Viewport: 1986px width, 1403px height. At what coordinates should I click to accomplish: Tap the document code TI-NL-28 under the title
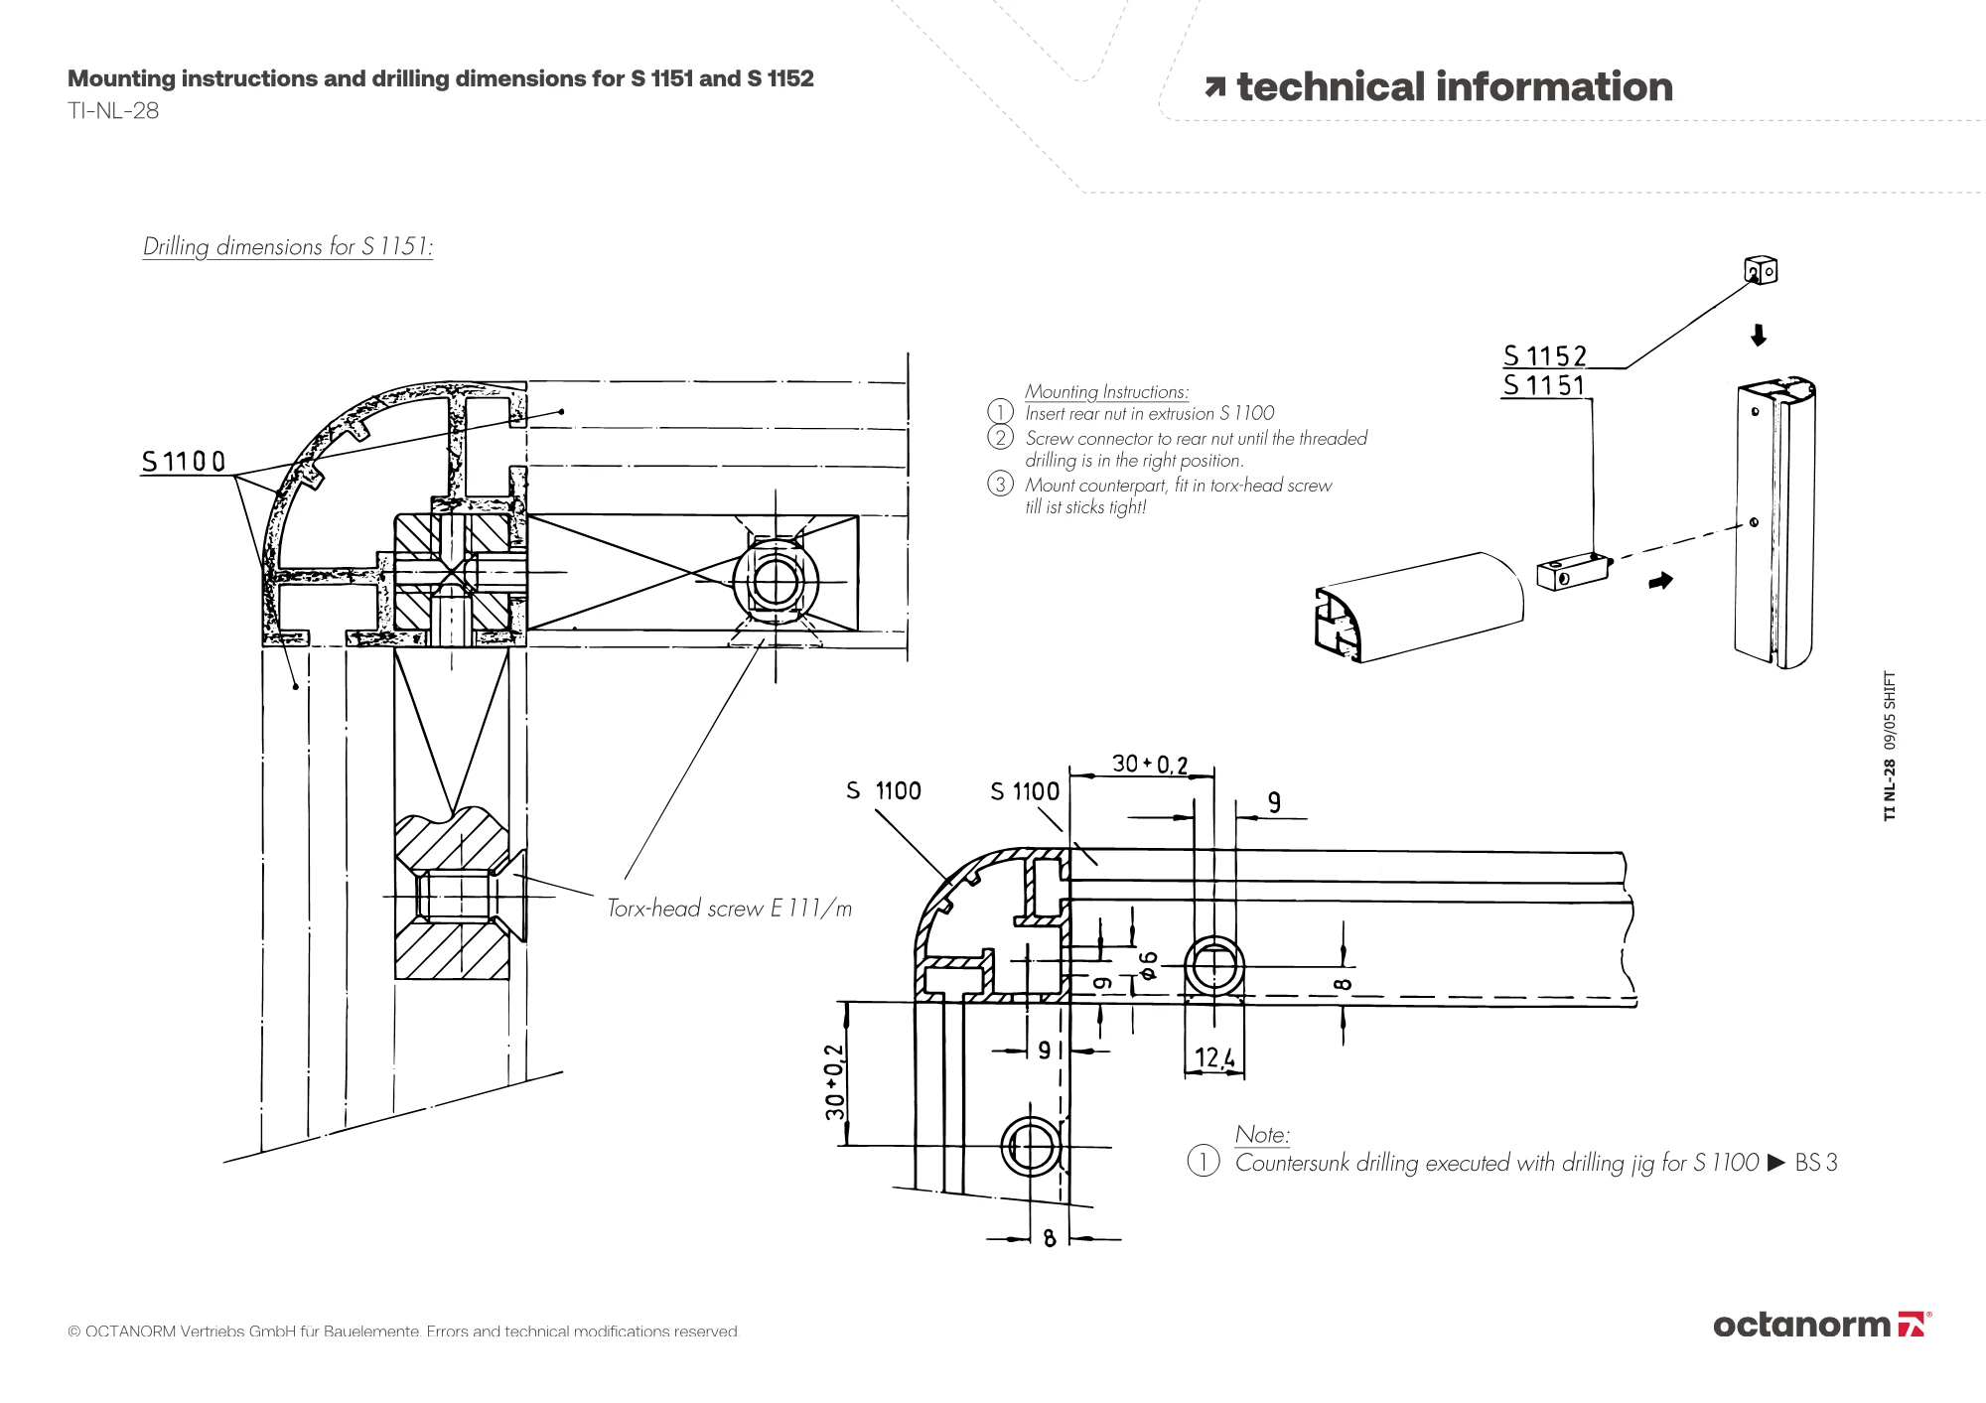pyautogui.click(x=113, y=111)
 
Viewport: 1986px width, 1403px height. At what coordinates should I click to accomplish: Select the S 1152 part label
pyautogui.click(x=1545, y=355)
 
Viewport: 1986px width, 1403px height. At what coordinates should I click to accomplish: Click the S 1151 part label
pyautogui.click(x=1544, y=385)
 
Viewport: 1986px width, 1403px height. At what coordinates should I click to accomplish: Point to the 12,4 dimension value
pyautogui.click(x=1214, y=1057)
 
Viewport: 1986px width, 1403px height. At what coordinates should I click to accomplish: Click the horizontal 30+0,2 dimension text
pyautogui.click(x=1149, y=764)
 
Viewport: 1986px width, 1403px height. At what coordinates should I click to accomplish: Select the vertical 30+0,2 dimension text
pyautogui.click(x=835, y=1081)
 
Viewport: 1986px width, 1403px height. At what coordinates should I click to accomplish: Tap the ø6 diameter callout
pyautogui.click(x=1148, y=964)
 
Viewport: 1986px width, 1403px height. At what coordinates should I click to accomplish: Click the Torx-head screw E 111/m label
pyautogui.click(x=730, y=908)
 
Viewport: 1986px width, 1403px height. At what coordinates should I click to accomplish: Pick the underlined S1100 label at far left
pyautogui.click(x=184, y=462)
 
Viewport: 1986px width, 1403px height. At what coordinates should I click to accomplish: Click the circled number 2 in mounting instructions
pyautogui.click(x=1000, y=438)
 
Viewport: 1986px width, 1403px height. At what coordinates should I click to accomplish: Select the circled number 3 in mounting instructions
pyautogui.click(x=1000, y=485)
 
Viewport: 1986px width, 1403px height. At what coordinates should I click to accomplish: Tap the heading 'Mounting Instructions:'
pyautogui.click(x=1106, y=392)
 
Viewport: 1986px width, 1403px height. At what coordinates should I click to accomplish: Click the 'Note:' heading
pyautogui.click(x=1262, y=1134)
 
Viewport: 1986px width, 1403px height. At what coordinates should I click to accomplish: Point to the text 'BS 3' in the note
pyautogui.click(x=1816, y=1163)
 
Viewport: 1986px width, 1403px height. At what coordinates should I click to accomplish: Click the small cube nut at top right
pyautogui.click(x=1761, y=270)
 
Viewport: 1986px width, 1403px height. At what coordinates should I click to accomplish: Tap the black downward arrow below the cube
pyautogui.click(x=1758, y=336)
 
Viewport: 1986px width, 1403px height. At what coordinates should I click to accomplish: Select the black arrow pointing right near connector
pyautogui.click(x=1660, y=581)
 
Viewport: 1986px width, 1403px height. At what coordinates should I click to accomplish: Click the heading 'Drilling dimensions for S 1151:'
pyautogui.click(x=288, y=246)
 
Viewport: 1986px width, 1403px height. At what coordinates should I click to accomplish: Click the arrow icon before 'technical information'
pyautogui.click(x=1214, y=88)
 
